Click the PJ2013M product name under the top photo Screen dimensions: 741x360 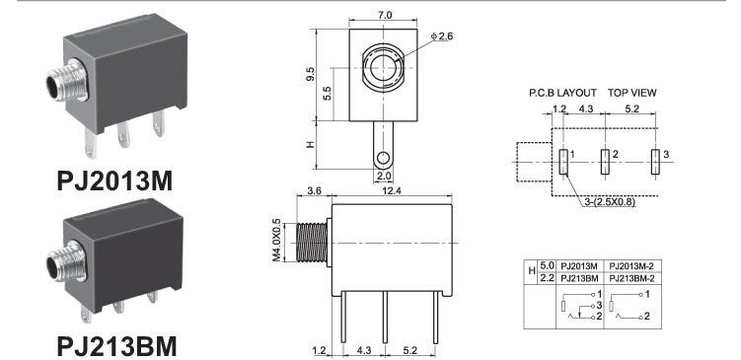tap(114, 180)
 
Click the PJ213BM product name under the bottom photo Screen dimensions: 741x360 tap(116, 347)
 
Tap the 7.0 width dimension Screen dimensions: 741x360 tap(384, 15)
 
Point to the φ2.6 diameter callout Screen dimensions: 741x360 tap(442, 36)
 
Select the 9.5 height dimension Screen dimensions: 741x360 tap(310, 73)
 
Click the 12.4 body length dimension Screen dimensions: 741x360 tap(393, 190)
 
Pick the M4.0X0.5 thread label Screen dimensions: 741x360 tap(276, 240)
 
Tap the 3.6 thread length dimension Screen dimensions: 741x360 tap(315, 190)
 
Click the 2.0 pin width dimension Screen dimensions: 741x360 tap(383, 176)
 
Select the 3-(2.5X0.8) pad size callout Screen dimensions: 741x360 tap(610, 202)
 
